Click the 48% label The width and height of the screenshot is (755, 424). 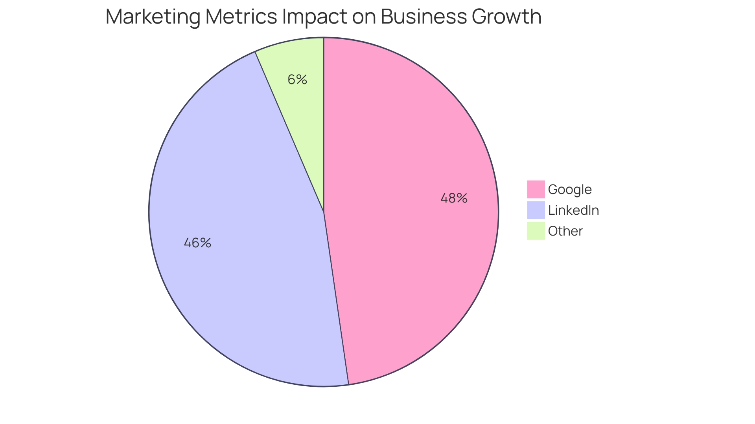[454, 198]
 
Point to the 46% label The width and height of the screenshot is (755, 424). [197, 243]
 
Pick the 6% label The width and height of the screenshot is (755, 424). [297, 80]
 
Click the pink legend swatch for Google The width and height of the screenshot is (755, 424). [536, 189]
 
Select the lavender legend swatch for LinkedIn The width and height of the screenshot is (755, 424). [536, 210]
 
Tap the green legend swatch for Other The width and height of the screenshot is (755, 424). [536, 231]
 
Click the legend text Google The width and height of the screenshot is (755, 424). [569, 190]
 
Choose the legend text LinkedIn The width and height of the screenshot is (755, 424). [573, 210]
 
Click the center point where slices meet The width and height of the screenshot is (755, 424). [324, 212]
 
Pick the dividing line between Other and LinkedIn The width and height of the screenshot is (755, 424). [289, 132]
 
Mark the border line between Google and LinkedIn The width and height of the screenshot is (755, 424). [336, 298]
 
